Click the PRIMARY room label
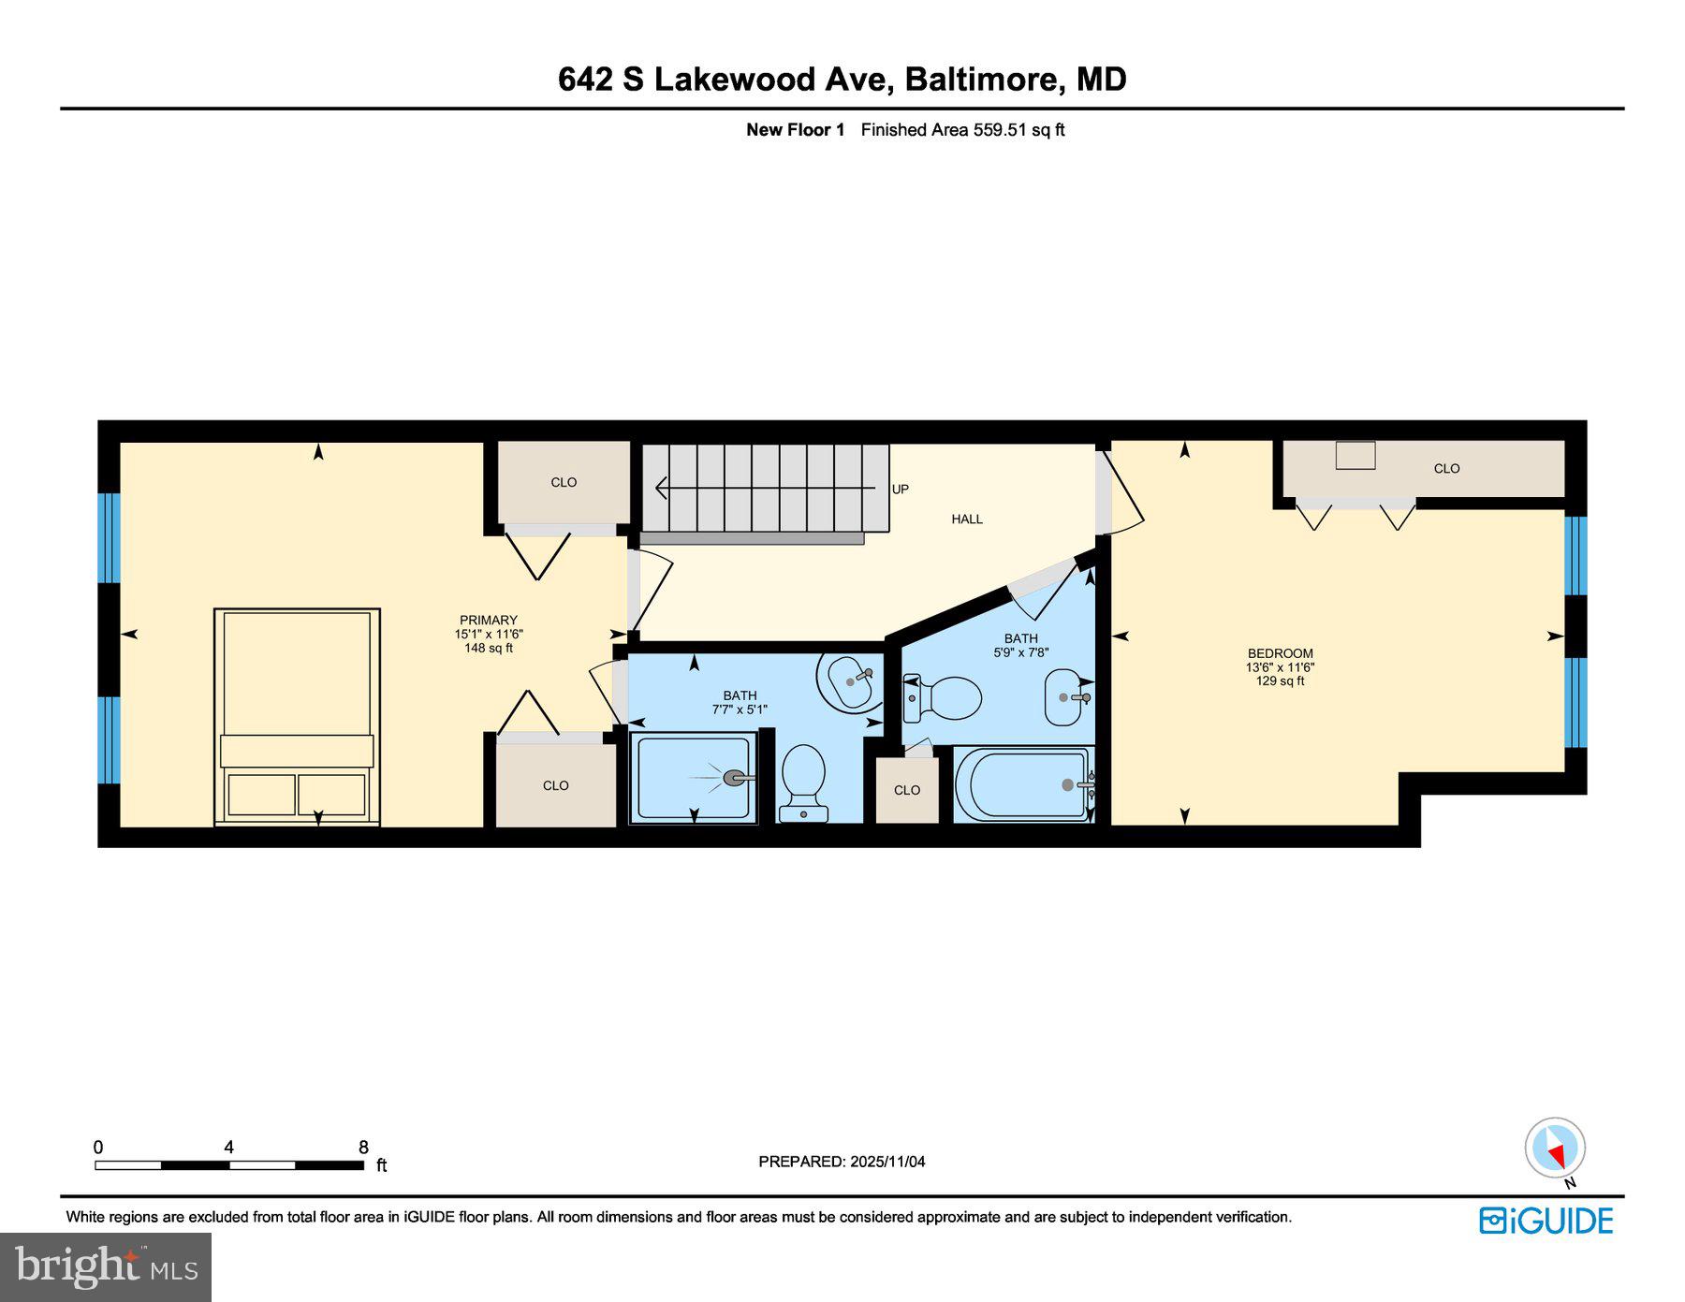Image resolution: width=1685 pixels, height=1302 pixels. (x=488, y=620)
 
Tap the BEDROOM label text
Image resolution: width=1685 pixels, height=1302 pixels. (x=1280, y=653)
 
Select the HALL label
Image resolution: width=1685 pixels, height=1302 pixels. (x=967, y=519)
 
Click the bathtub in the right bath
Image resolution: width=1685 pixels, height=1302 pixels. (x=1024, y=784)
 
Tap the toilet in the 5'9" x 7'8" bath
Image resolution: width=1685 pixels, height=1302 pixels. (x=943, y=698)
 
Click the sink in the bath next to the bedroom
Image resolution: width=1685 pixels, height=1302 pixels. (x=1066, y=697)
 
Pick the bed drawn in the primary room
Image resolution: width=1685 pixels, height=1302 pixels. (x=297, y=716)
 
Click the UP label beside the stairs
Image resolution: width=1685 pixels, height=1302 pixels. (x=901, y=489)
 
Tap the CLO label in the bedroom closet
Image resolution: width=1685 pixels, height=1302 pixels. (x=1446, y=468)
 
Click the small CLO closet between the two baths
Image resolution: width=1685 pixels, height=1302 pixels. (x=907, y=790)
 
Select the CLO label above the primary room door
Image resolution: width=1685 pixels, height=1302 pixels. (x=564, y=482)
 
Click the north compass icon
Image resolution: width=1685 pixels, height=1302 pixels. (x=1555, y=1148)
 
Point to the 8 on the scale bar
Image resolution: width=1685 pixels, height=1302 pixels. (x=363, y=1147)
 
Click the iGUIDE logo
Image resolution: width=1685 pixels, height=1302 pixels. (x=1546, y=1221)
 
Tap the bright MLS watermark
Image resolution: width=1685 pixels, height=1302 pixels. (x=106, y=1266)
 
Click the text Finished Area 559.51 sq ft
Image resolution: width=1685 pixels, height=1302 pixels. (x=962, y=130)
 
